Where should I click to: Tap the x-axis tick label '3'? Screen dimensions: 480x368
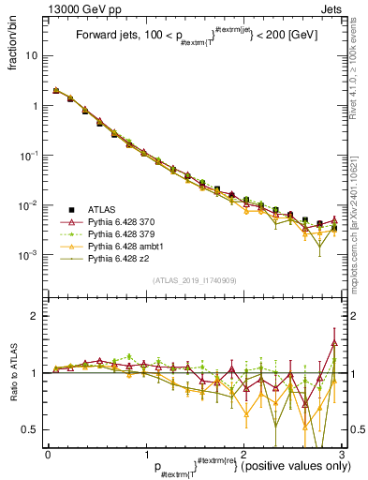[x=343, y=455]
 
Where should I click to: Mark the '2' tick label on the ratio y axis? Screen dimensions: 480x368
[x=36, y=316]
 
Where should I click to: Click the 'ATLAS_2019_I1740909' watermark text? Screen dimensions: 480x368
[x=193, y=278]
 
